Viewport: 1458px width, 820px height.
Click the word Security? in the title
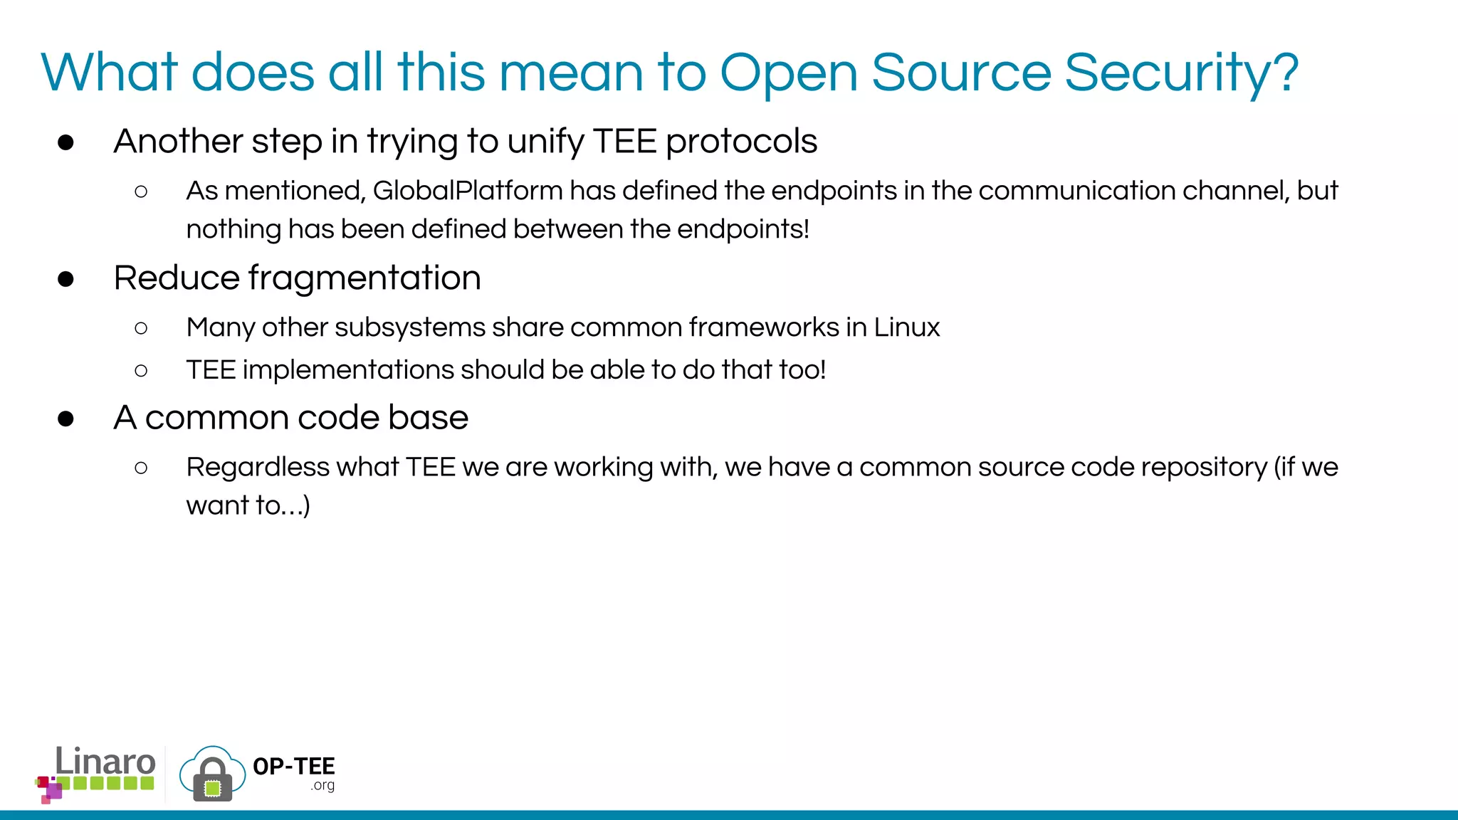tap(1181, 73)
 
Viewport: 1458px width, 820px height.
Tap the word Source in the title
tap(960, 73)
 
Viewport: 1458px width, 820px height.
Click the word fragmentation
tap(364, 278)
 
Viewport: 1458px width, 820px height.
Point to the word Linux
tap(906, 327)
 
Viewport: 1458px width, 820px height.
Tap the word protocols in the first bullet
tap(741, 141)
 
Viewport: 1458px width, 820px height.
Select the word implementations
tap(348, 370)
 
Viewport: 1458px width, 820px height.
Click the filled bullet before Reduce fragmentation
tap(66, 279)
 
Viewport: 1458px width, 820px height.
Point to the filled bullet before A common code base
tap(66, 419)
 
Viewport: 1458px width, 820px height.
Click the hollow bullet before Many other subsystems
tap(141, 328)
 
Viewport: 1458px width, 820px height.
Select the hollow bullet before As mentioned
tap(141, 191)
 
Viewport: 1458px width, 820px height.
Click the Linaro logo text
tap(105, 762)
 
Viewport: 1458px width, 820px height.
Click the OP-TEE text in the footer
tap(293, 767)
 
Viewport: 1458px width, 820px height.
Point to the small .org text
tap(322, 786)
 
